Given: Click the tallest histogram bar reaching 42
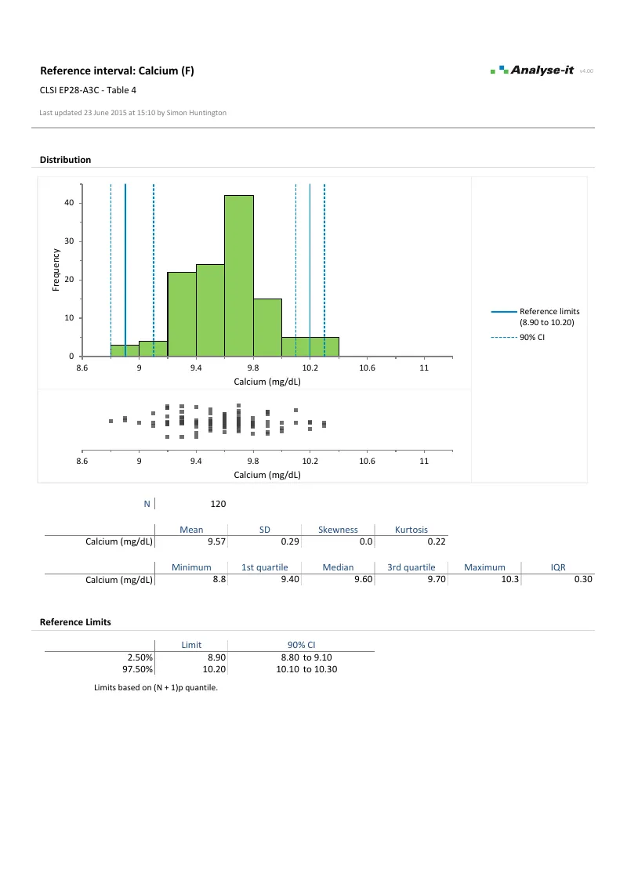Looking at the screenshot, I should pyautogui.click(x=239, y=276).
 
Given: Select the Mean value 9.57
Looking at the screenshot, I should pyautogui.click(x=216, y=541).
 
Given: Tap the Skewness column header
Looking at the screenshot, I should pyautogui.click(x=338, y=530).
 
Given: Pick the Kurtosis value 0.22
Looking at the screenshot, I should pyautogui.click(x=437, y=541).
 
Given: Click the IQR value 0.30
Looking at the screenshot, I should pyautogui.click(x=582, y=579).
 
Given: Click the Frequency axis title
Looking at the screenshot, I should pyautogui.click(x=56, y=270).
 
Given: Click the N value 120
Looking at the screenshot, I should pyautogui.click(x=219, y=504).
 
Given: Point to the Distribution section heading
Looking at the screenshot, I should pyautogui.click(x=65, y=160).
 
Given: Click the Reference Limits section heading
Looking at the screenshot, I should pyautogui.click(x=75, y=622).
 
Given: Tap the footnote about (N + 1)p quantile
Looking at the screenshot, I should pyautogui.click(x=155, y=688).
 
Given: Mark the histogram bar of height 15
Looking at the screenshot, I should pyautogui.click(x=267, y=328).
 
